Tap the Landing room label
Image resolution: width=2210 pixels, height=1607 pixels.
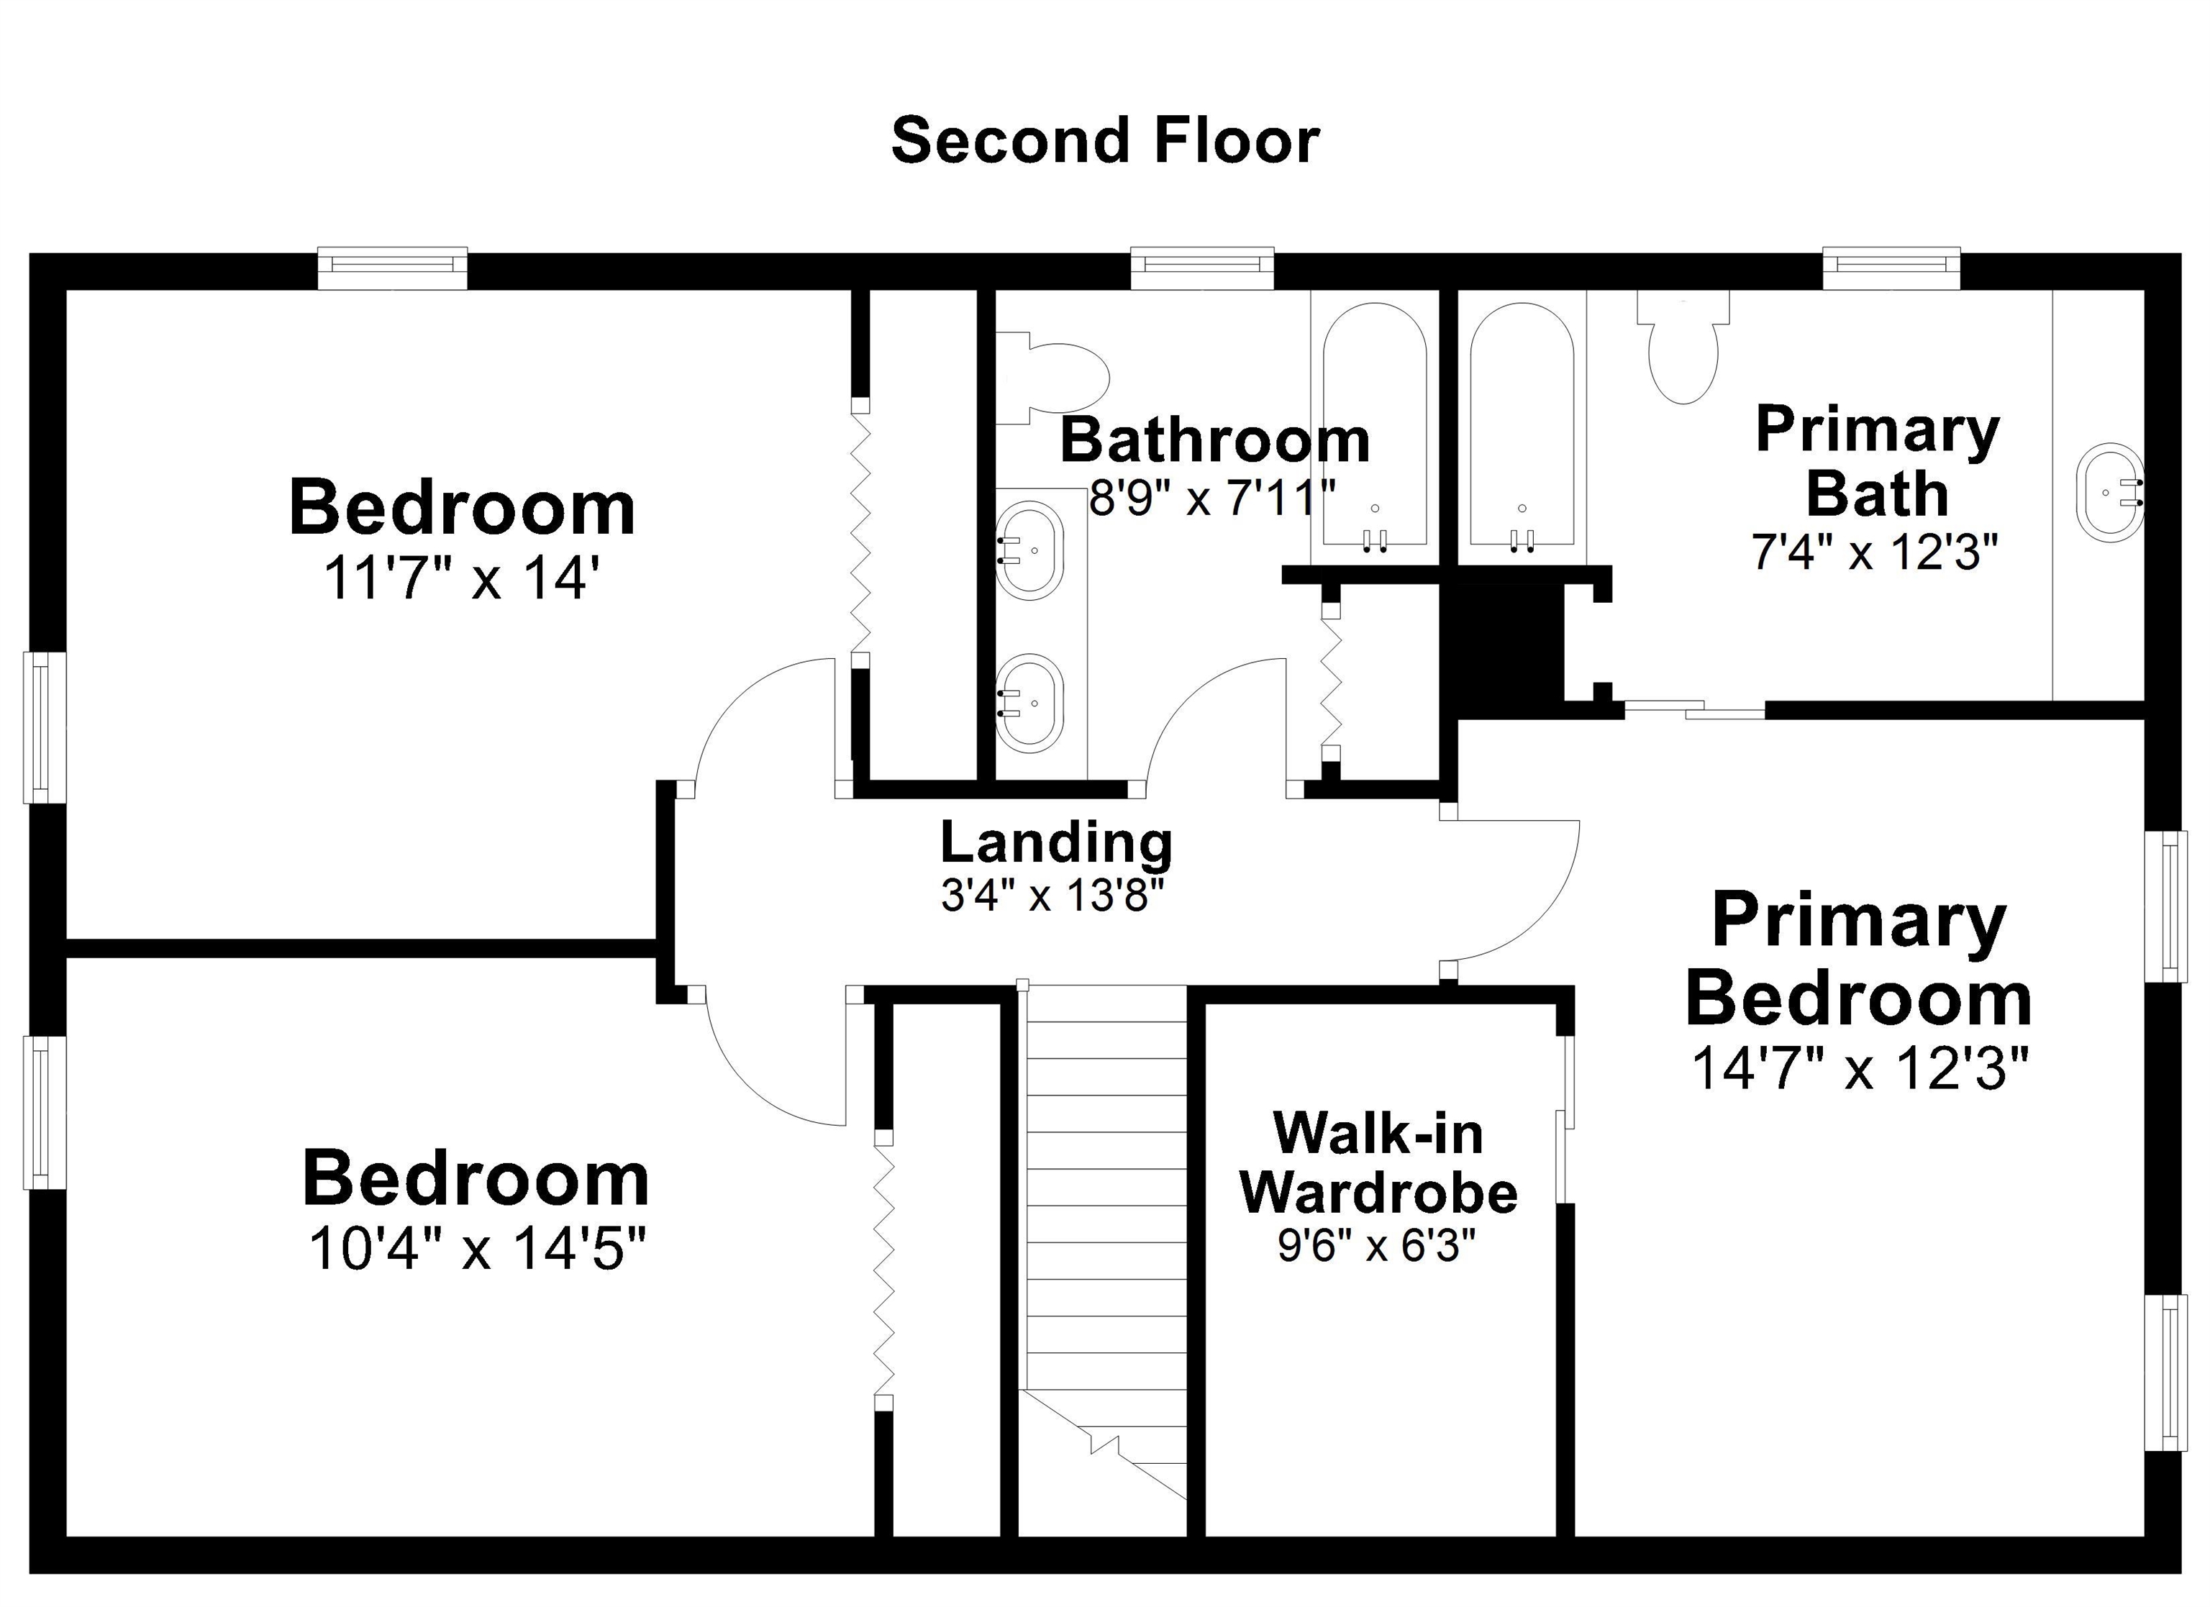coord(1056,843)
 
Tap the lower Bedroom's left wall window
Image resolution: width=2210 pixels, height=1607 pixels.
coord(44,1112)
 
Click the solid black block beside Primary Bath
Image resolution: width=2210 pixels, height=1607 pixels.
coord(1503,641)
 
